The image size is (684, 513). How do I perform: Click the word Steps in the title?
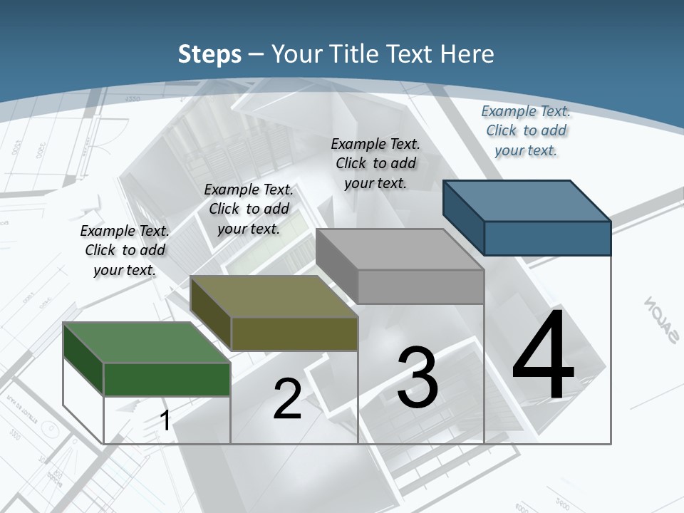209,54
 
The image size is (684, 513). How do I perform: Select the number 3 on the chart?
418,378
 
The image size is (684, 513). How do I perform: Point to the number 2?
287,399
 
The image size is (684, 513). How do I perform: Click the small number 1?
165,420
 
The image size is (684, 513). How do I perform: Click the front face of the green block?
167,379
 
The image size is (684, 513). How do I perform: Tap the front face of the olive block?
294,333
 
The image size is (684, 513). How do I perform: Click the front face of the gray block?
420,286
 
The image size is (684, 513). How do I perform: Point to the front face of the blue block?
547,238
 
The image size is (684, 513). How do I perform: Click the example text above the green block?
125,250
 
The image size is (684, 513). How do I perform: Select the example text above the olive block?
249,209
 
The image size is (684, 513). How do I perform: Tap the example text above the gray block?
375,163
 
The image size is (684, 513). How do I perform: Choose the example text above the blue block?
526,130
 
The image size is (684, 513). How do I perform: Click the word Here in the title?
467,54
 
